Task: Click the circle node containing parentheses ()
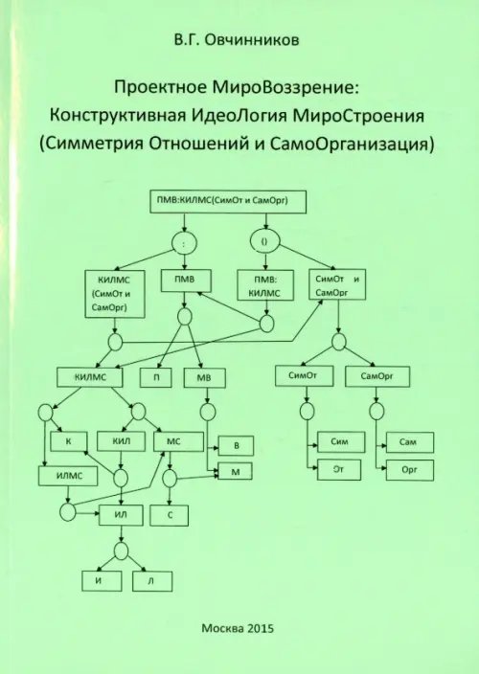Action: coord(264,242)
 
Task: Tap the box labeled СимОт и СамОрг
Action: coord(336,284)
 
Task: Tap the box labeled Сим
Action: coord(340,443)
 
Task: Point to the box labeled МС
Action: coord(174,441)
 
